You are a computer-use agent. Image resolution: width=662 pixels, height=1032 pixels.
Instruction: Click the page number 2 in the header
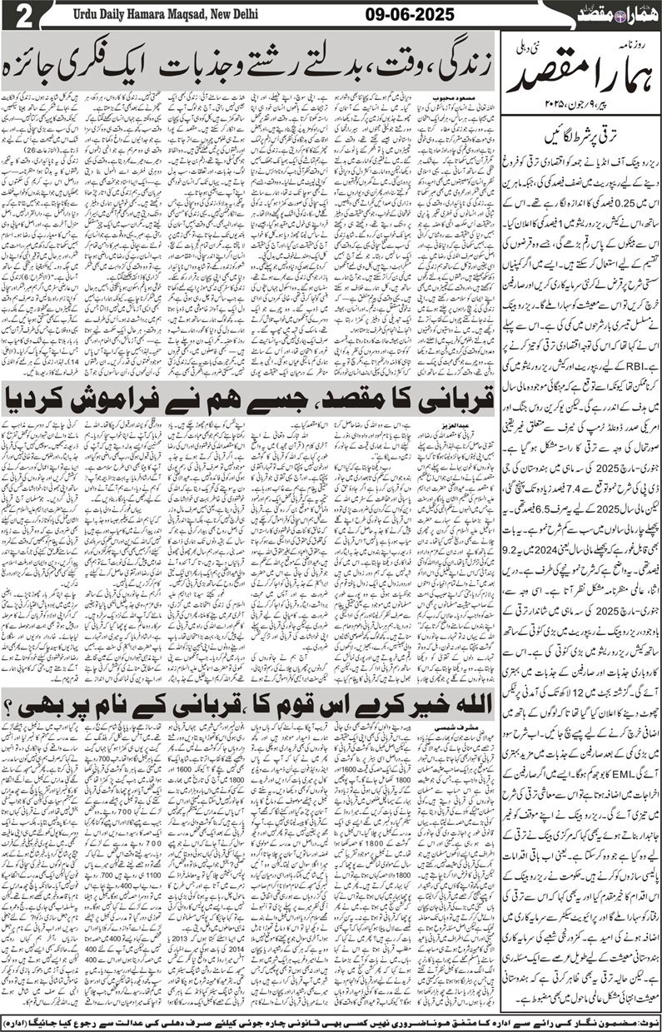click(x=17, y=14)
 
